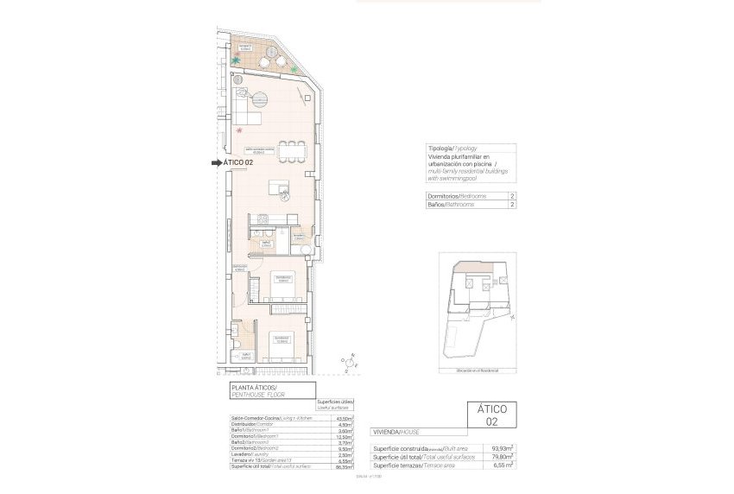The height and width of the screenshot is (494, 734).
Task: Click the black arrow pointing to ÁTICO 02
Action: coord(215,161)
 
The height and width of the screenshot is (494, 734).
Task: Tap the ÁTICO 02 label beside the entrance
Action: coord(237,161)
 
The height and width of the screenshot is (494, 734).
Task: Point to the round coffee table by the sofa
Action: coord(263,96)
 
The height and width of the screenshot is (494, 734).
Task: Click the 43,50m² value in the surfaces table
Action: coord(343,418)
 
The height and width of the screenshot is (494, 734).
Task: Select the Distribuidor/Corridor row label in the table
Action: coord(249,424)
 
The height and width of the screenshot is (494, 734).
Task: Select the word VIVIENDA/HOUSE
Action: coord(396,430)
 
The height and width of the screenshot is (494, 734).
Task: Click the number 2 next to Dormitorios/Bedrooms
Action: coord(512,196)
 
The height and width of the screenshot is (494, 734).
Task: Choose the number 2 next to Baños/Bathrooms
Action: coord(512,206)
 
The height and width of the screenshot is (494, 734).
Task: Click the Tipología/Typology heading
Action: coord(452,149)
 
